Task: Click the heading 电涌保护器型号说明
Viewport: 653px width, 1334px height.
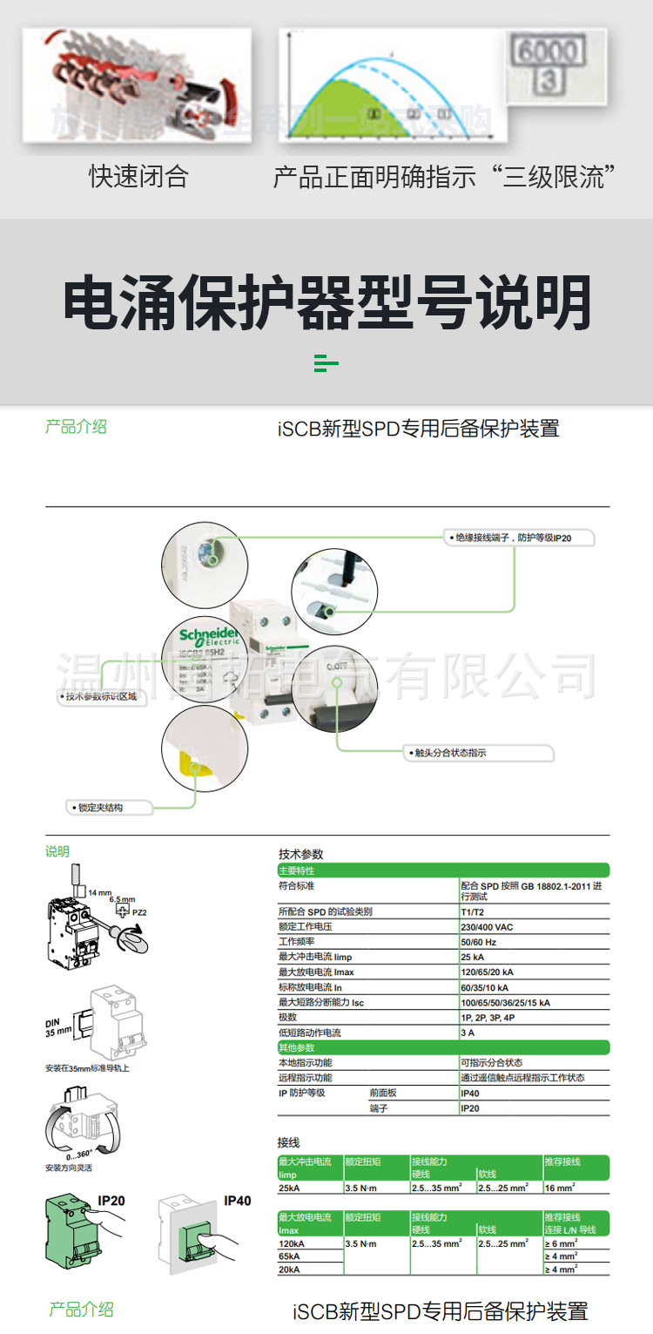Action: (x=326, y=303)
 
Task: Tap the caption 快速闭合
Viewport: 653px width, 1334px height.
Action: (x=138, y=177)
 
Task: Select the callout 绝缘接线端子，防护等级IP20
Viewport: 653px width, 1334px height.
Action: (x=518, y=538)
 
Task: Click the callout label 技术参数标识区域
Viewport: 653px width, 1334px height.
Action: (x=101, y=696)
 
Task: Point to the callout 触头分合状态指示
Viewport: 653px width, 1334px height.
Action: (x=445, y=753)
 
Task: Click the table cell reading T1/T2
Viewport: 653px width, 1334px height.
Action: (x=475, y=911)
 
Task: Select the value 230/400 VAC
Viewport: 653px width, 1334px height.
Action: (x=487, y=927)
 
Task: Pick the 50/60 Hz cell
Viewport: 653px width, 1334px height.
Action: (x=479, y=942)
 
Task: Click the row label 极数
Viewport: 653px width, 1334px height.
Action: (x=288, y=1018)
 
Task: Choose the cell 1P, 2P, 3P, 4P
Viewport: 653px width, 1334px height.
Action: (x=488, y=1018)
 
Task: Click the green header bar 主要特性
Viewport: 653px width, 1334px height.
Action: (x=443, y=870)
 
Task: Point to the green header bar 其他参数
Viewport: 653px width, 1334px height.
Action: (x=443, y=1047)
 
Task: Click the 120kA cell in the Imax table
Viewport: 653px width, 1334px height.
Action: (x=291, y=1243)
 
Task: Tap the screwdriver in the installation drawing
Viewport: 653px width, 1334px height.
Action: (x=130, y=937)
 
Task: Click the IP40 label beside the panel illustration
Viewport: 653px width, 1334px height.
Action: (x=237, y=1201)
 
